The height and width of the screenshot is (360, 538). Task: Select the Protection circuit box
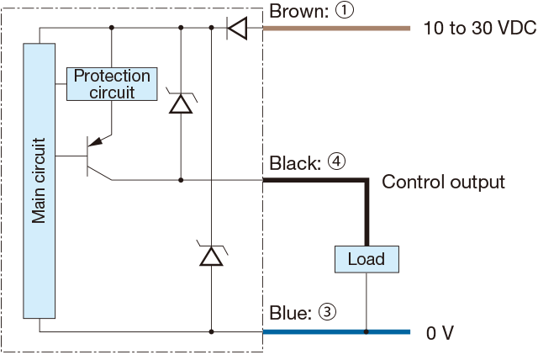coord(112,83)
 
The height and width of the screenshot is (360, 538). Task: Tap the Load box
coord(367,258)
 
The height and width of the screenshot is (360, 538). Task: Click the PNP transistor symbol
coord(98,157)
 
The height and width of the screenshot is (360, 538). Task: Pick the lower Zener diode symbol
coord(211,254)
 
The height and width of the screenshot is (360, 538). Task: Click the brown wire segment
coord(336,29)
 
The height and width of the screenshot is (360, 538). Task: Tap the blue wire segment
coord(336,332)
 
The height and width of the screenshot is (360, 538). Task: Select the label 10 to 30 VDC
coord(479,29)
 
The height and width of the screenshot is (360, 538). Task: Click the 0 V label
coord(440,333)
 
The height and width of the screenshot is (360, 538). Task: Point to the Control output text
coord(443,182)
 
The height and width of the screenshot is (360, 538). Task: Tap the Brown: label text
coord(295,12)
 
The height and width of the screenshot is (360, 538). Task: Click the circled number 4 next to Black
coord(336,163)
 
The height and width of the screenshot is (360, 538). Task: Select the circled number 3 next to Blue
coord(327,313)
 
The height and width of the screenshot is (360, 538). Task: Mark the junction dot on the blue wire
coord(367,332)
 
